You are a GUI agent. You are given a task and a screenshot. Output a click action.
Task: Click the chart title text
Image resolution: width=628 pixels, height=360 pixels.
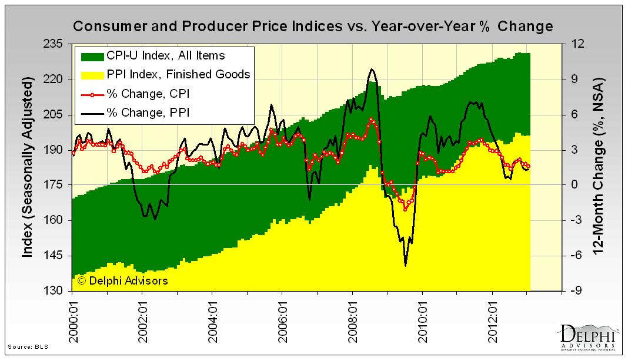312,27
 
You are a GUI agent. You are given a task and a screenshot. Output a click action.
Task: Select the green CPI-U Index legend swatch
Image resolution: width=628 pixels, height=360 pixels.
92,56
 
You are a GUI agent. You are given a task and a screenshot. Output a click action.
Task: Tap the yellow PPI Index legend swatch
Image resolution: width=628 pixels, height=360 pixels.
92,75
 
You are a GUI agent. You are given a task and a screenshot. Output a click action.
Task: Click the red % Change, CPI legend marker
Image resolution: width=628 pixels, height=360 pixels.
92,94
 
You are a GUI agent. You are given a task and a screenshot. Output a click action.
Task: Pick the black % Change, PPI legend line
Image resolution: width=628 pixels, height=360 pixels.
92,113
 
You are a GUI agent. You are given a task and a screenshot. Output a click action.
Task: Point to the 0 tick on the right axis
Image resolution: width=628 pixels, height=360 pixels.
574,185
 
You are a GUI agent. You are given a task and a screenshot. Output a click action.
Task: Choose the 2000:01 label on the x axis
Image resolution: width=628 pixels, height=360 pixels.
73,319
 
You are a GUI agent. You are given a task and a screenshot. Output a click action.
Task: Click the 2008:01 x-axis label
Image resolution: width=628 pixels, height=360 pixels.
353,319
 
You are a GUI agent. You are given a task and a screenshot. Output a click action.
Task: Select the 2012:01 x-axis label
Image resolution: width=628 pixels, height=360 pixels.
493,319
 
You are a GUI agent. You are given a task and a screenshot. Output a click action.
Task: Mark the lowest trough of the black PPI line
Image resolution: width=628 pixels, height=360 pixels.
405,266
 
